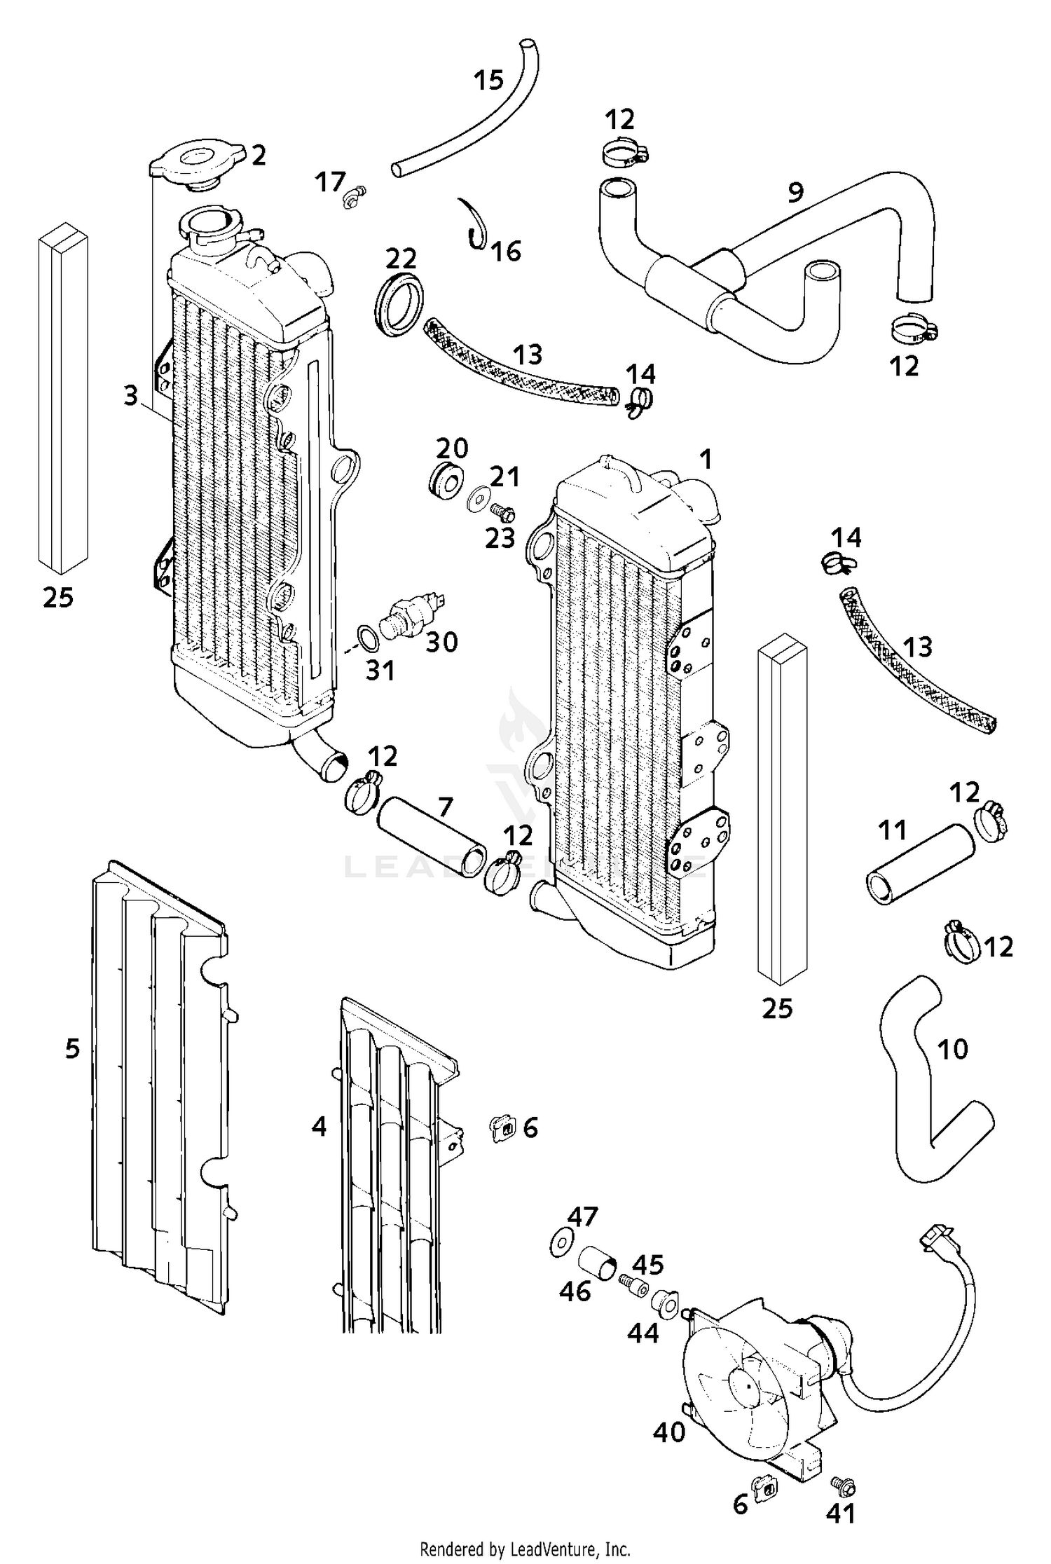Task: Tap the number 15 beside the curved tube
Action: tap(488, 80)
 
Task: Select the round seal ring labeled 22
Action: tap(398, 301)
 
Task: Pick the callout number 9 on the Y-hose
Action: tap(795, 191)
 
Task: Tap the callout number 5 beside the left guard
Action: tap(72, 1049)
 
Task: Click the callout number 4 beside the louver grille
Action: tap(319, 1127)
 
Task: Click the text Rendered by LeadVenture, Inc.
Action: tap(525, 1549)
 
